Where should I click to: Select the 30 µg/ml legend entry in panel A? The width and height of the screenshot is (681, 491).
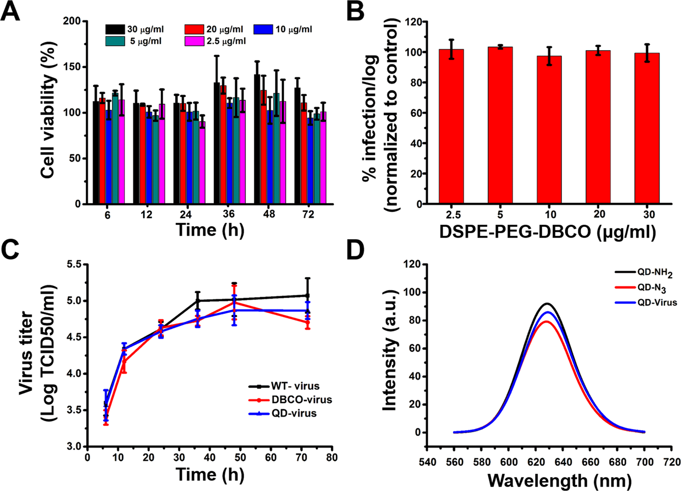coord(135,30)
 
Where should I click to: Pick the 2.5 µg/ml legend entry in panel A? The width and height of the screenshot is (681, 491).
coord(215,41)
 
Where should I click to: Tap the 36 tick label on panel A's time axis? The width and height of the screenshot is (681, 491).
coord(229,214)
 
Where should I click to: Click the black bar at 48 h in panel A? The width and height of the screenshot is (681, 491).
coord(257,139)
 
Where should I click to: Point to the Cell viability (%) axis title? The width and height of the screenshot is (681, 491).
coord(49,110)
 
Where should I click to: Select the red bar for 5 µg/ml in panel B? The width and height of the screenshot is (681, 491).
coord(500,125)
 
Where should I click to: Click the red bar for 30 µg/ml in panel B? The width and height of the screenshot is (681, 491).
coord(647,128)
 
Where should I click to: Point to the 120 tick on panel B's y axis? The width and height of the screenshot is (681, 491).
coord(411,21)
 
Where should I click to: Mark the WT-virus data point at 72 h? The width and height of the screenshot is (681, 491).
coord(308,295)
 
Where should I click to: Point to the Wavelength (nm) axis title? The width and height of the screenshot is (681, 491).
coord(559,480)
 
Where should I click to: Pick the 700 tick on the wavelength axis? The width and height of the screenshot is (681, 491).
coord(645,462)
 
